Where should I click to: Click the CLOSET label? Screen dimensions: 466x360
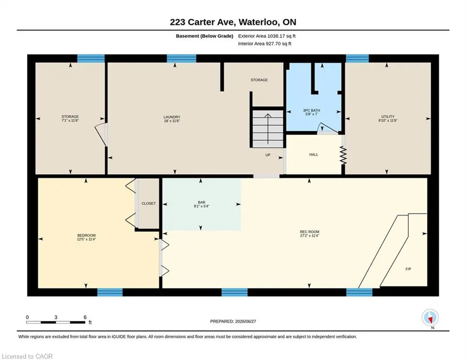(x=149, y=203)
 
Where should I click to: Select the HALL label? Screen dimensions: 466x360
(x=314, y=155)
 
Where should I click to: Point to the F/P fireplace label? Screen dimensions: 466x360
(x=408, y=269)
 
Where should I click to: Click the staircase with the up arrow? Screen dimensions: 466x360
(x=268, y=129)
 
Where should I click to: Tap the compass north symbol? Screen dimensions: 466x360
(x=430, y=317)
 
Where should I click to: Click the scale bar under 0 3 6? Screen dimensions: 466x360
(x=56, y=322)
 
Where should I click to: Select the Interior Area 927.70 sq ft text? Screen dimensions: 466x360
(x=264, y=44)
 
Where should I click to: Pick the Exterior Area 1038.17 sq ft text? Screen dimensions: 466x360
(x=267, y=36)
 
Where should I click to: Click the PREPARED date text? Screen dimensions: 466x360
(x=233, y=322)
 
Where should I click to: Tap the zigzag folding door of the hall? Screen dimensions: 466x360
(x=343, y=155)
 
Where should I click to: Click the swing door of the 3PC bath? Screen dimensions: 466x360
(x=328, y=128)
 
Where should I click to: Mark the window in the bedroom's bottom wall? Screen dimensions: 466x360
(x=110, y=292)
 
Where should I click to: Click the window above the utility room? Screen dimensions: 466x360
(x=357, y=58)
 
